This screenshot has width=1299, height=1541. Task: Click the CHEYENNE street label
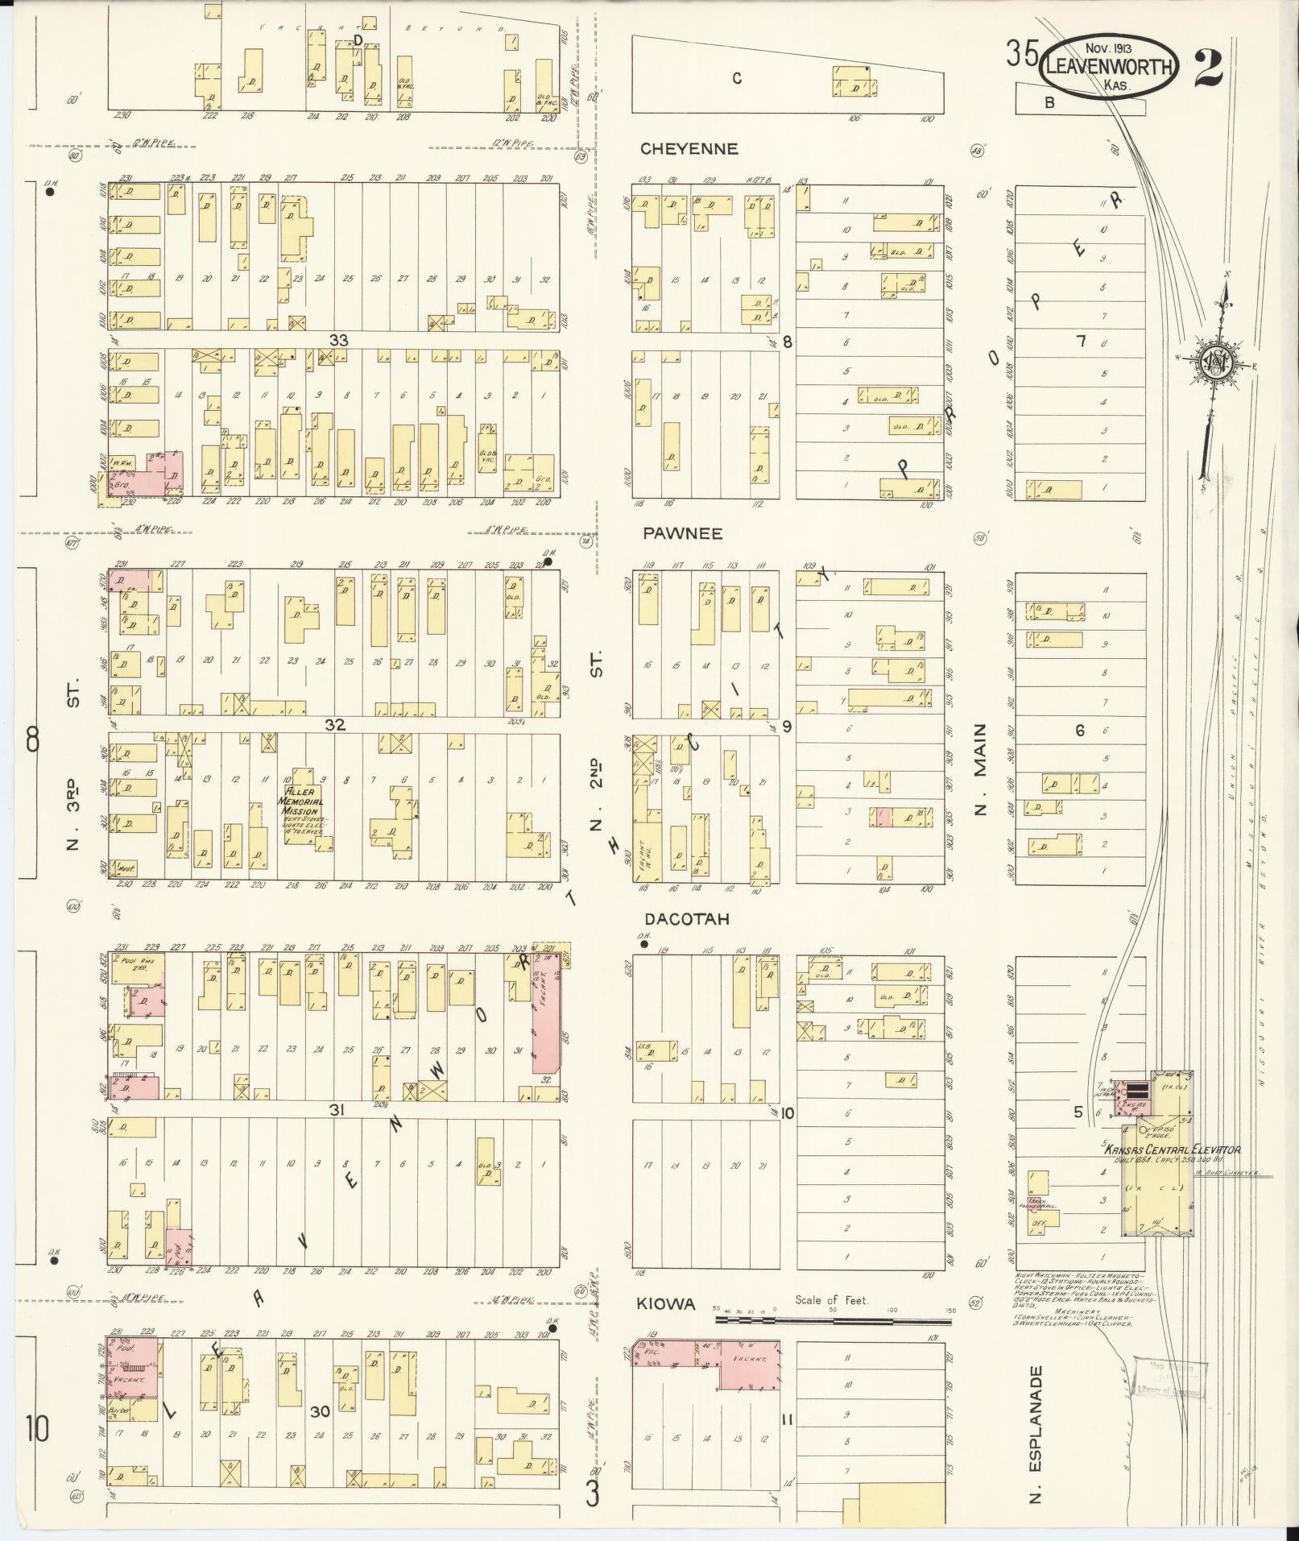click(689, 149)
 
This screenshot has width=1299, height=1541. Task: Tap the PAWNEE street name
click(683, 533)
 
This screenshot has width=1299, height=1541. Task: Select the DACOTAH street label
click(687, 918)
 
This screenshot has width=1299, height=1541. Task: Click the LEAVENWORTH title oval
click(1110, 68)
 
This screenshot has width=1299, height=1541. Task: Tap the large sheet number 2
click(1209, 67)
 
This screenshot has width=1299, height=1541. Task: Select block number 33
click(338, 340)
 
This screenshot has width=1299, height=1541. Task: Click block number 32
click(335, 725)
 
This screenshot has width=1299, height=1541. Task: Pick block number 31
click(337, 1110)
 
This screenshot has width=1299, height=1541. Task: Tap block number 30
click(321, 1434)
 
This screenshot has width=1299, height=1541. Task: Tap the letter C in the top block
click(736, 78)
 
